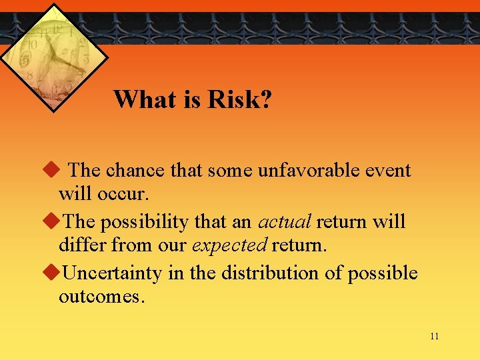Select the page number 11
[434, 336]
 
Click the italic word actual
[284, 221]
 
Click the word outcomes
[100, 297]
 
